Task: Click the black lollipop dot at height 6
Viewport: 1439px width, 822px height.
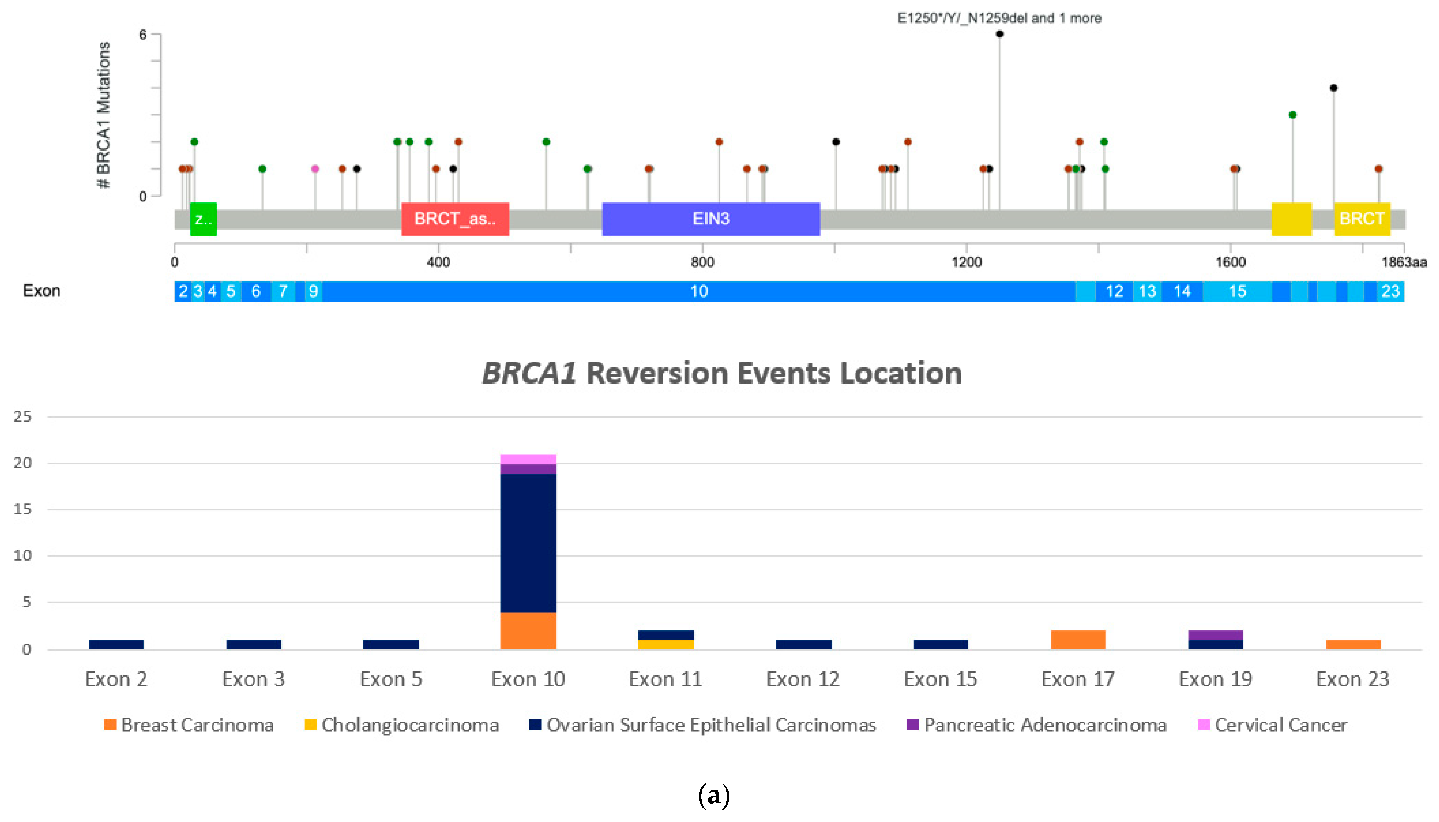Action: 999,34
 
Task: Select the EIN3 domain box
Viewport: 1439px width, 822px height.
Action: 711,219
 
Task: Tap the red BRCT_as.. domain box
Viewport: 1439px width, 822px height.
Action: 455,219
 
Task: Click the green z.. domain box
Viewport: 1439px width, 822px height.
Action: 203,219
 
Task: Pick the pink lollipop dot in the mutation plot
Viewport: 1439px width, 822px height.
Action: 315,169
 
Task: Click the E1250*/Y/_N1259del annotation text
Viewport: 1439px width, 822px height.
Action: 999,18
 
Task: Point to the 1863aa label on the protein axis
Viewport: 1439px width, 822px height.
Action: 1404,262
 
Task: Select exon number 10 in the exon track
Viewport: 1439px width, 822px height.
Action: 699,291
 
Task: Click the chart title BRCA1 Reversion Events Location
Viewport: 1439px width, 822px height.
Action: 721,373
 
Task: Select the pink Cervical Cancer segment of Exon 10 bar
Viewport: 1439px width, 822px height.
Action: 528,459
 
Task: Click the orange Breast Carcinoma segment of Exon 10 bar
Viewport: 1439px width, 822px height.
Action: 528,631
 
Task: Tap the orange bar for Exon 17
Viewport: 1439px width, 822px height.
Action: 1078,640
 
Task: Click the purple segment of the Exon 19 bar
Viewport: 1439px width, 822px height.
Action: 1216,635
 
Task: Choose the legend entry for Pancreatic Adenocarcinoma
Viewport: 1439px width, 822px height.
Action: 1037,724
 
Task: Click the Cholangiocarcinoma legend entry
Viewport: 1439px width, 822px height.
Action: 402,724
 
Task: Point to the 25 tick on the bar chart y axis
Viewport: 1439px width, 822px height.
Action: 23,416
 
